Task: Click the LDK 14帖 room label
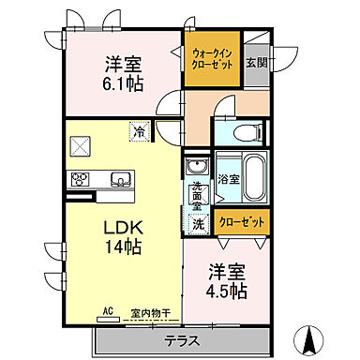[122, 238]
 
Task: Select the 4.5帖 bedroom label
[228, 281]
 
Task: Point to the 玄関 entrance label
[257, 63]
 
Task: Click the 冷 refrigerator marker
[138, 133]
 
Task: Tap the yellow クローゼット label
[241, 222]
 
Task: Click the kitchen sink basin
[121, 180]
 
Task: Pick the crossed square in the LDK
[78, 146]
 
